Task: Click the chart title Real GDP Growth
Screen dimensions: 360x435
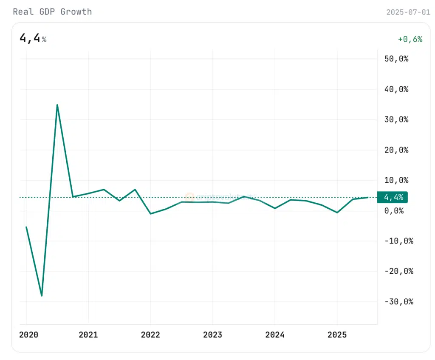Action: coord(52,11)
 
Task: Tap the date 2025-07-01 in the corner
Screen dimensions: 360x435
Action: coord(408,12)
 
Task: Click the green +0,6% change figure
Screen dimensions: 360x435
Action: coord(410,39)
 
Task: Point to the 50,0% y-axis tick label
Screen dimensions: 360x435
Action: coord(396,59)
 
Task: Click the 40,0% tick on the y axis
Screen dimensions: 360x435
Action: coord(396,89)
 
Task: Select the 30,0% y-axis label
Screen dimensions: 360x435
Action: coord(396,119)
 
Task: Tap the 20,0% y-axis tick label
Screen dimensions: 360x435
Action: coord(396,150)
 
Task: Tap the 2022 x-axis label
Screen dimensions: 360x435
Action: coord(150,335)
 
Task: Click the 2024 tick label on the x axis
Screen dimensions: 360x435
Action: coord(275,335)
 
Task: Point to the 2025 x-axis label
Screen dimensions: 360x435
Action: coord(337,335)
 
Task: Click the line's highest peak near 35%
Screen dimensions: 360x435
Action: coord(57,105)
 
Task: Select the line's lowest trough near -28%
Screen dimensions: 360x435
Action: coord(42,295)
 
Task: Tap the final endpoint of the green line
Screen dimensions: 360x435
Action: coord(368,197)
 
